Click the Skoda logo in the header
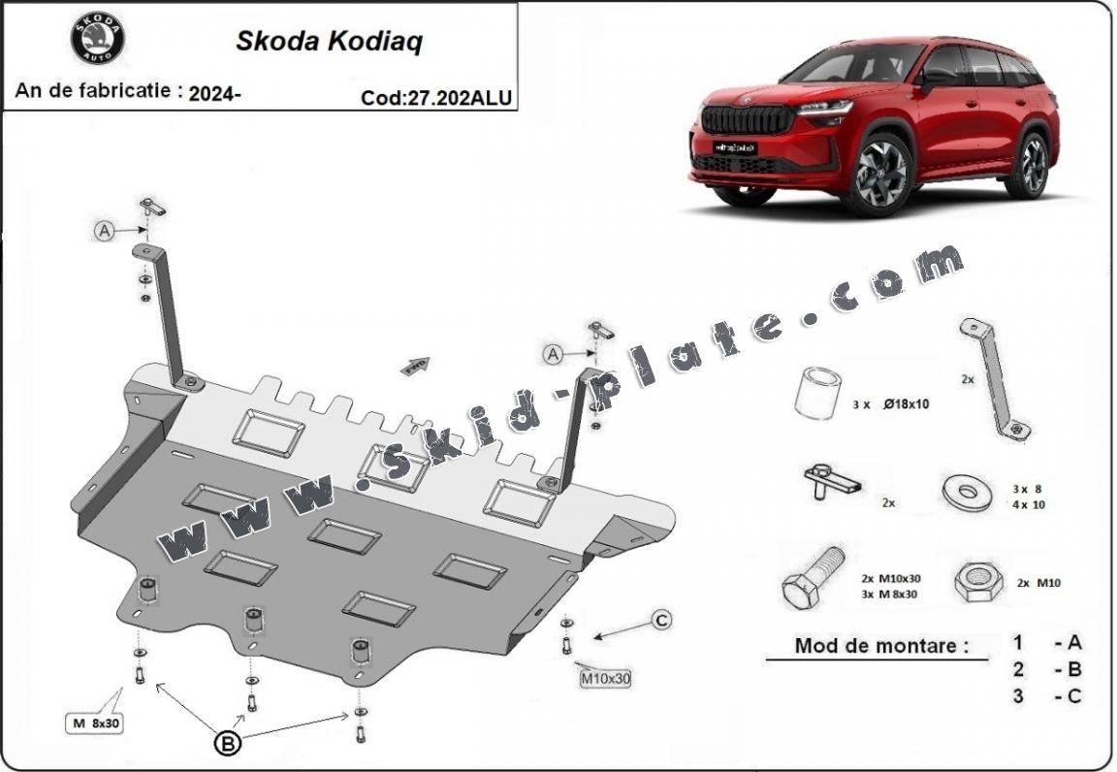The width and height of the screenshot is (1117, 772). pyautogui.click(x=98, y=38)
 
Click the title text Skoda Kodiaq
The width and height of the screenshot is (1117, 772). pyautogui.click(x=329, y=42)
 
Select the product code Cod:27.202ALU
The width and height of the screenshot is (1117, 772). pyautogui.click(x=436, y=98)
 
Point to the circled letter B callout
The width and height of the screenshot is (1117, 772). pyautogui.click(x=228, y=744)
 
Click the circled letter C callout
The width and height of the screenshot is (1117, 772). pyautogui.click(x=662, y=621)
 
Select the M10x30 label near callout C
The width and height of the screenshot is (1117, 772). pyautogui.click(x=605, y=679)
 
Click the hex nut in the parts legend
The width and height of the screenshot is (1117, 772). pyautogui.click(x=978, y=582)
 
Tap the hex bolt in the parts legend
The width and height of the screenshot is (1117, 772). pyautogui.click(x=813, y=577)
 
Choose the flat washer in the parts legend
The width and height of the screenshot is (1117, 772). pyautogui.click(x=967, y=493)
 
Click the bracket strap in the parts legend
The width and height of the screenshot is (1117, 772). pyautogui.click(x=995, y=378)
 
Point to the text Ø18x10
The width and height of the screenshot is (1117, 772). pyautogui.click(x=907, y=404)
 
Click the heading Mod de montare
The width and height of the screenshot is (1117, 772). pyautogui.click(x=882, y=646)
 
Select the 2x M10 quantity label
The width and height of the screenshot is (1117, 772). pyautogui.click(x=1038, y=582)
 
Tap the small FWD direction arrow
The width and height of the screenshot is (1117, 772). pyautogui.click(x=415, y=367)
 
